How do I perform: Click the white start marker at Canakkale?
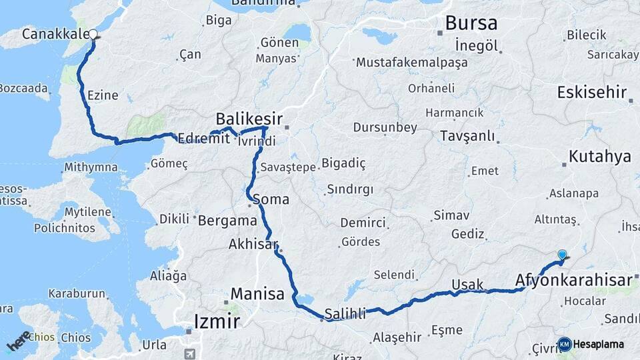[93, 35]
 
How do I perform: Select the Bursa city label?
[471, 23]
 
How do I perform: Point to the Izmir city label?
[216, 321]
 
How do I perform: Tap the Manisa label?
[257, 293]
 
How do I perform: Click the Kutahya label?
[599, 157]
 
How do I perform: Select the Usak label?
[467, 285]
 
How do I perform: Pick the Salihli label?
[345, 314]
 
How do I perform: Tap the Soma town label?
[271, 199]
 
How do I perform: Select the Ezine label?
[103, 95]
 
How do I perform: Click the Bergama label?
[228, 219]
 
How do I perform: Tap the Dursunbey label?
[385, 127]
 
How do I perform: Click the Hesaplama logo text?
[599, 344]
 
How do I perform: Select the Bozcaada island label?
[24, 88]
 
